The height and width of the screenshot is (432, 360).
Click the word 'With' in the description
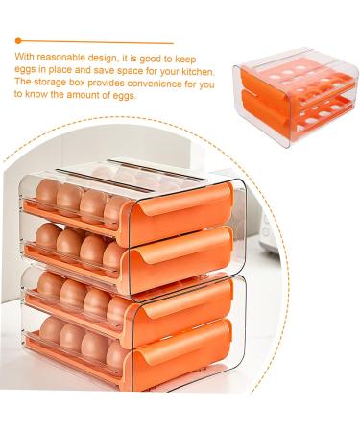pyautogui.click(x=24, y=59)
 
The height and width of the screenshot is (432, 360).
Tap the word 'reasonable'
pyautogui.click(x=58, y=59)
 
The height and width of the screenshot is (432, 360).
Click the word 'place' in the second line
pyautogui.click(x=79, y=71)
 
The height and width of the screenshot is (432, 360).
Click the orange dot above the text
pyautogui.click(x=18, y=41)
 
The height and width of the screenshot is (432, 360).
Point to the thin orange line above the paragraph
pyautogui.click(x=96, y=41)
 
